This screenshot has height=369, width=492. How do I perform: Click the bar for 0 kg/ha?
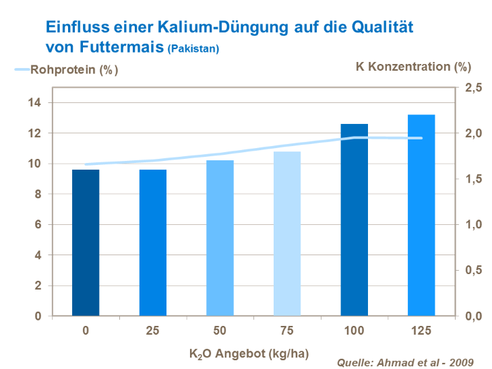click(x=86, y=242)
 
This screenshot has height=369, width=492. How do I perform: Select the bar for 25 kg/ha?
click(x=153, y=242)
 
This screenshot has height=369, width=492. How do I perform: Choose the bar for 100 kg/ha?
click(x=354, y=220)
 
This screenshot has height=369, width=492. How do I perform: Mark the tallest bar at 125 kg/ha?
click(x=421, y=215)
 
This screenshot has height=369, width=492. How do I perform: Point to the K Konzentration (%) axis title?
click(x=413, y=67)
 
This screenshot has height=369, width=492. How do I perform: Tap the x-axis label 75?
click(x=287, y=331)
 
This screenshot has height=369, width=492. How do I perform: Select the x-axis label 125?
click(x=421, y=331)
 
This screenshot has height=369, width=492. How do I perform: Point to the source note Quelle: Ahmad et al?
click(x=404, y=362)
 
